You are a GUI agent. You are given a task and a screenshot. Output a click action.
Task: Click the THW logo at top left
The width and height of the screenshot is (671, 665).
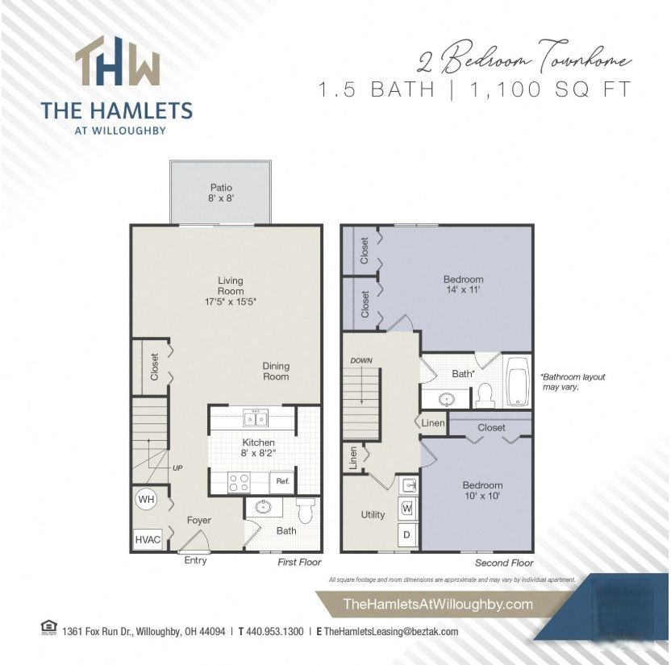point(118,63)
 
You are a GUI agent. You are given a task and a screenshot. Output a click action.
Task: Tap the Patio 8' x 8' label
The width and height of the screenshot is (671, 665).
point(221,193)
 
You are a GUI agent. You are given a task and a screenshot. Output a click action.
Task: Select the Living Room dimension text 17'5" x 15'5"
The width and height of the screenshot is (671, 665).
point(231,301)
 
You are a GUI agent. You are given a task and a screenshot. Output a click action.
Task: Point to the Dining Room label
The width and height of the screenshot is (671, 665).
point(276,372)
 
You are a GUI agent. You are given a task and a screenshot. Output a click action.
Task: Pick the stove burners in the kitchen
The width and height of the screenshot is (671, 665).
point(240,481)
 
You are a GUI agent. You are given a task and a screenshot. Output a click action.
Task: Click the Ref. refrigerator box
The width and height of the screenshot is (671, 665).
point(282,481)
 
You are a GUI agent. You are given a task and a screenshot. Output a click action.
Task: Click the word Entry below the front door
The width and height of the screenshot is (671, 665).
point(195,560)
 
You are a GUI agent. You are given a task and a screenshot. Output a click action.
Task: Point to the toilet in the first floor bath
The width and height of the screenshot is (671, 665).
point(305,509)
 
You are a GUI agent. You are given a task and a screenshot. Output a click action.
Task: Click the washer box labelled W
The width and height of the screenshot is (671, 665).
point(407,509)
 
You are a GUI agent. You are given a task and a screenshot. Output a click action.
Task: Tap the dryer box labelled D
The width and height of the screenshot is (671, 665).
point(407,534)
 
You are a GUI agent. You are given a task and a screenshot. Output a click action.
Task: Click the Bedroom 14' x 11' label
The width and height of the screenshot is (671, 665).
point(463,285)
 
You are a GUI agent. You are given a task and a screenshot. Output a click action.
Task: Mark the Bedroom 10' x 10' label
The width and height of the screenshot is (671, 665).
point(482,491)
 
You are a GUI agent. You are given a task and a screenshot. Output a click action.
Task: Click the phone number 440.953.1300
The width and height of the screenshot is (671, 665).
point(274,632)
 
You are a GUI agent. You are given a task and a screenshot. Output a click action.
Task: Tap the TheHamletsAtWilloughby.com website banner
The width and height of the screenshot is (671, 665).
point(438,604)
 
